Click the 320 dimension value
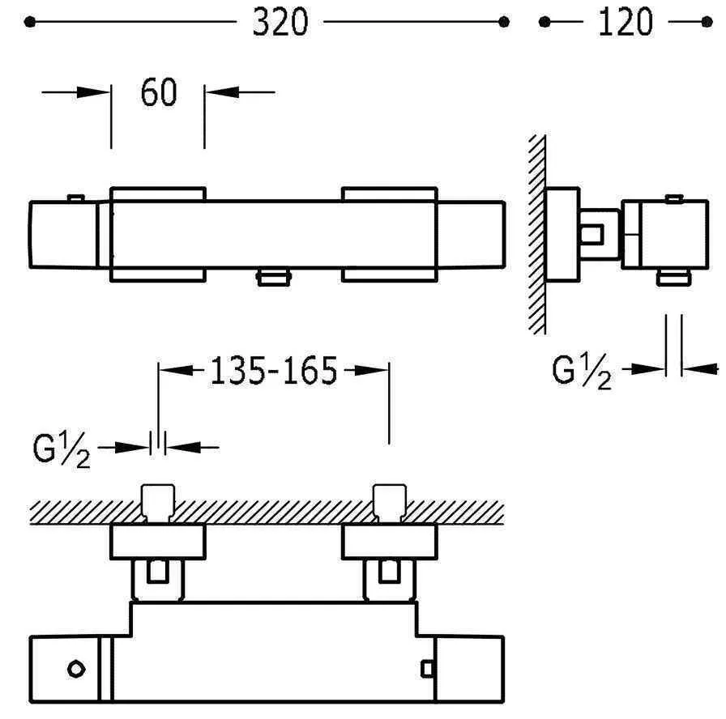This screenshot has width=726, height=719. [280, 23]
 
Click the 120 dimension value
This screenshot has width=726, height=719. [625, 23]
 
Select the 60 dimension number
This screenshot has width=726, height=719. [158, 93]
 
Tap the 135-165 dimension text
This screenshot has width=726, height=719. [273, 372]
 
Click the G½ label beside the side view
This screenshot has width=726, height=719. [582, 373]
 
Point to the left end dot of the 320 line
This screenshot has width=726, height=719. [30, 23]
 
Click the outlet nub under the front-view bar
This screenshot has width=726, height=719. [273, 279]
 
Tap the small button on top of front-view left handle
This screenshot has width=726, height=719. [75, 197]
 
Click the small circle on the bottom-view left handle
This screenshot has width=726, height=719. [76, 669]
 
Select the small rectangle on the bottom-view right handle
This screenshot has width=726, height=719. [428, 668]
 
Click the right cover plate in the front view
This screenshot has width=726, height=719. [390, 235]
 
